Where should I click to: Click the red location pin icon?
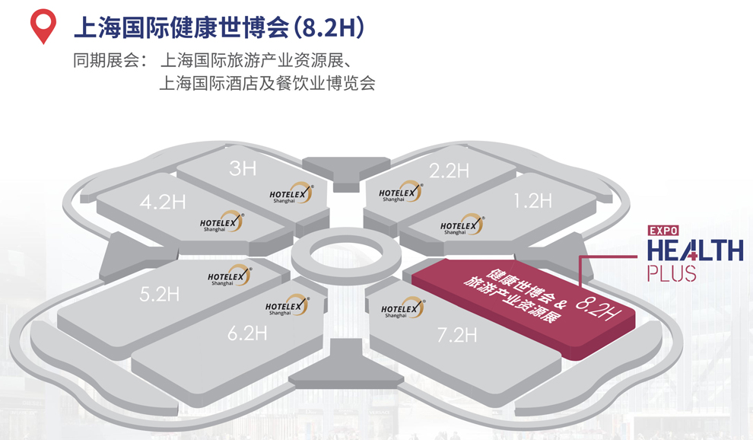click(x=43, y=26)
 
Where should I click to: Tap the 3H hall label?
click(x=243, y=167)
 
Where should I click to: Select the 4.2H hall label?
click(x=163, y=202)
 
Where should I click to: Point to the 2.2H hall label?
click(x=448, y=171)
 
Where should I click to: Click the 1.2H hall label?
click(x=532, y=201)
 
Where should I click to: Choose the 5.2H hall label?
click(x=160, y=294)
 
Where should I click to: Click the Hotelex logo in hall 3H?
click(x=291, y=193)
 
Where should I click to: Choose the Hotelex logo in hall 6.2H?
click(x=287, y=307)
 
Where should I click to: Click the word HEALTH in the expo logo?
click(x=694, y=251)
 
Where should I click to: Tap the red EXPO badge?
click(x=662, y=229)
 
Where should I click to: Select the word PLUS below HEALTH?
click(x=672, y=273)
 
